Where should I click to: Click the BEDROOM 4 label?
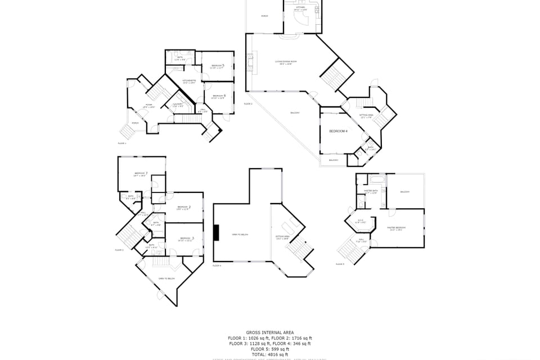[x=339, y=131]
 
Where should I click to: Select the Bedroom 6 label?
[x=219, y=97]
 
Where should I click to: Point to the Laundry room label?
[x=177, y=105]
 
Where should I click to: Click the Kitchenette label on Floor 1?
[x=190, y=82]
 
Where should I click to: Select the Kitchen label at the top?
[x=301, y=8]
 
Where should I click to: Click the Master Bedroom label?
[x=397, y=228]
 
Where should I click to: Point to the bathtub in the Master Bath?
[x=375, y=179]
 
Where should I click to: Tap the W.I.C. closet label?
[x=361, y=221]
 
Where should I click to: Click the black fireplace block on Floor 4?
[x=217, y=233]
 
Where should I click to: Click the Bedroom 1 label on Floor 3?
[x=140, y=174]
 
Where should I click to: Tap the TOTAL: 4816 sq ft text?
[x=269, y=354]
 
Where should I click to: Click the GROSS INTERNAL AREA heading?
[x=269, y=332]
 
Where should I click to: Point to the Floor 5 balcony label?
[x=405, y=192]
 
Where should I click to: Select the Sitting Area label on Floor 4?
[x=282, y=237]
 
